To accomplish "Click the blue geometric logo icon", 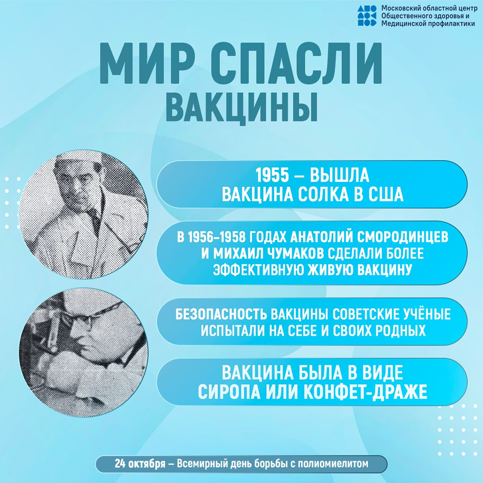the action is click(x=367, y=15).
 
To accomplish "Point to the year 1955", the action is click(x=273, y=175).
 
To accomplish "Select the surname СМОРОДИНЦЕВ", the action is click(x=403, y=237).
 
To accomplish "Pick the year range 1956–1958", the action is click(x=216, y=237).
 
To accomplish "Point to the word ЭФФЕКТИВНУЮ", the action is click(x=259, y=270).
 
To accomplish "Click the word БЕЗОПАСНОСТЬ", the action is click(x=221, y=314).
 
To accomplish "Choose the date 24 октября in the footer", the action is click(x=140, y=464).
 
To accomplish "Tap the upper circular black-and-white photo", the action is click(x=83, y=215).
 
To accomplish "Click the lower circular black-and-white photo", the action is click(x=83, y=353).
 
